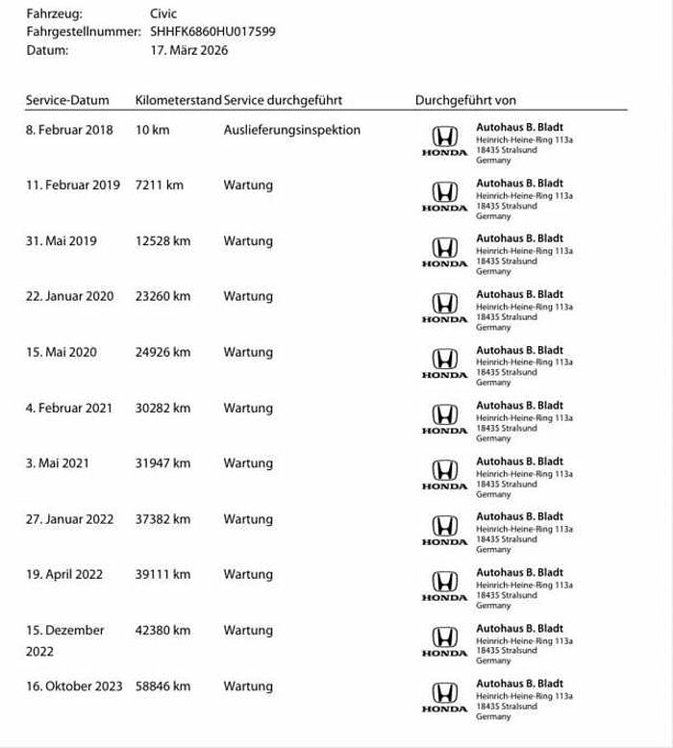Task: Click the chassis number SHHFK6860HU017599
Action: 212,31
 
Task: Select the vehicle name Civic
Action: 163,13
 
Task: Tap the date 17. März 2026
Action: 189,49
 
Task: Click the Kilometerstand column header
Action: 178,100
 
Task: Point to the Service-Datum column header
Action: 67,100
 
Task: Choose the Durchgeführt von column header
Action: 465,100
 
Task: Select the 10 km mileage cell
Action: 153,130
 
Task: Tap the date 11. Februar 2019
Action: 73,185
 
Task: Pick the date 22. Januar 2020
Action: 70,296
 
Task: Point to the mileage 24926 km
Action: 162,352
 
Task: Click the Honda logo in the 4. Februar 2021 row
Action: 444,416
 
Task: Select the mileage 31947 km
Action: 162,463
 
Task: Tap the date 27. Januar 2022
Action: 70,519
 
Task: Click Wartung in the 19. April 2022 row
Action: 248,575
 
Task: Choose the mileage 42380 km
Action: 162,631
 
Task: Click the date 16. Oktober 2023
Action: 74,686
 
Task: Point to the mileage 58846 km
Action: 162,686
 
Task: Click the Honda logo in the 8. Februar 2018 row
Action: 444,138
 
